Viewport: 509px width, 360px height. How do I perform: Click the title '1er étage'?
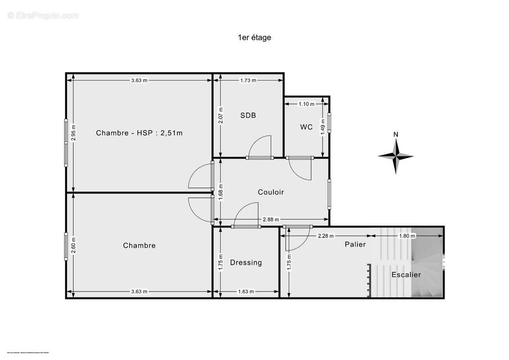click(254, 38)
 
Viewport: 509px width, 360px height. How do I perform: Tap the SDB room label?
click(248, 115)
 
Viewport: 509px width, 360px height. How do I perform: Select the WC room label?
click(306, 127)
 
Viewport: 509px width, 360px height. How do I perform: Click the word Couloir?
click(271, 192)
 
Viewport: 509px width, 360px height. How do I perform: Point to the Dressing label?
click(246, 262)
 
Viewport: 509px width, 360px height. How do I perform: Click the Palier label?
click(355, 244)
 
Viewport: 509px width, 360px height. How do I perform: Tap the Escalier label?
click(406, 274)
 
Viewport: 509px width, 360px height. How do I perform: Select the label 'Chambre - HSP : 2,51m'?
click(139, 133)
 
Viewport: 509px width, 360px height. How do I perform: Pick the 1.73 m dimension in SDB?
click(248, 81)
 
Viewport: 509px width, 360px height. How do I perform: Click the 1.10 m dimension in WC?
click(306, 104)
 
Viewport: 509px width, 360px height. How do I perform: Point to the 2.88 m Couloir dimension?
click(271, 220)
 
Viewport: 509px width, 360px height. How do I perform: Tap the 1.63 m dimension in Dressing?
click(246, 292)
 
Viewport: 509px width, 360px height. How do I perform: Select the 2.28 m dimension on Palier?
click(326, 236)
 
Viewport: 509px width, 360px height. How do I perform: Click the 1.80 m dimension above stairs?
click(407, 236)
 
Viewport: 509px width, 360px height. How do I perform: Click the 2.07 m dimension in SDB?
click(220, 115)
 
